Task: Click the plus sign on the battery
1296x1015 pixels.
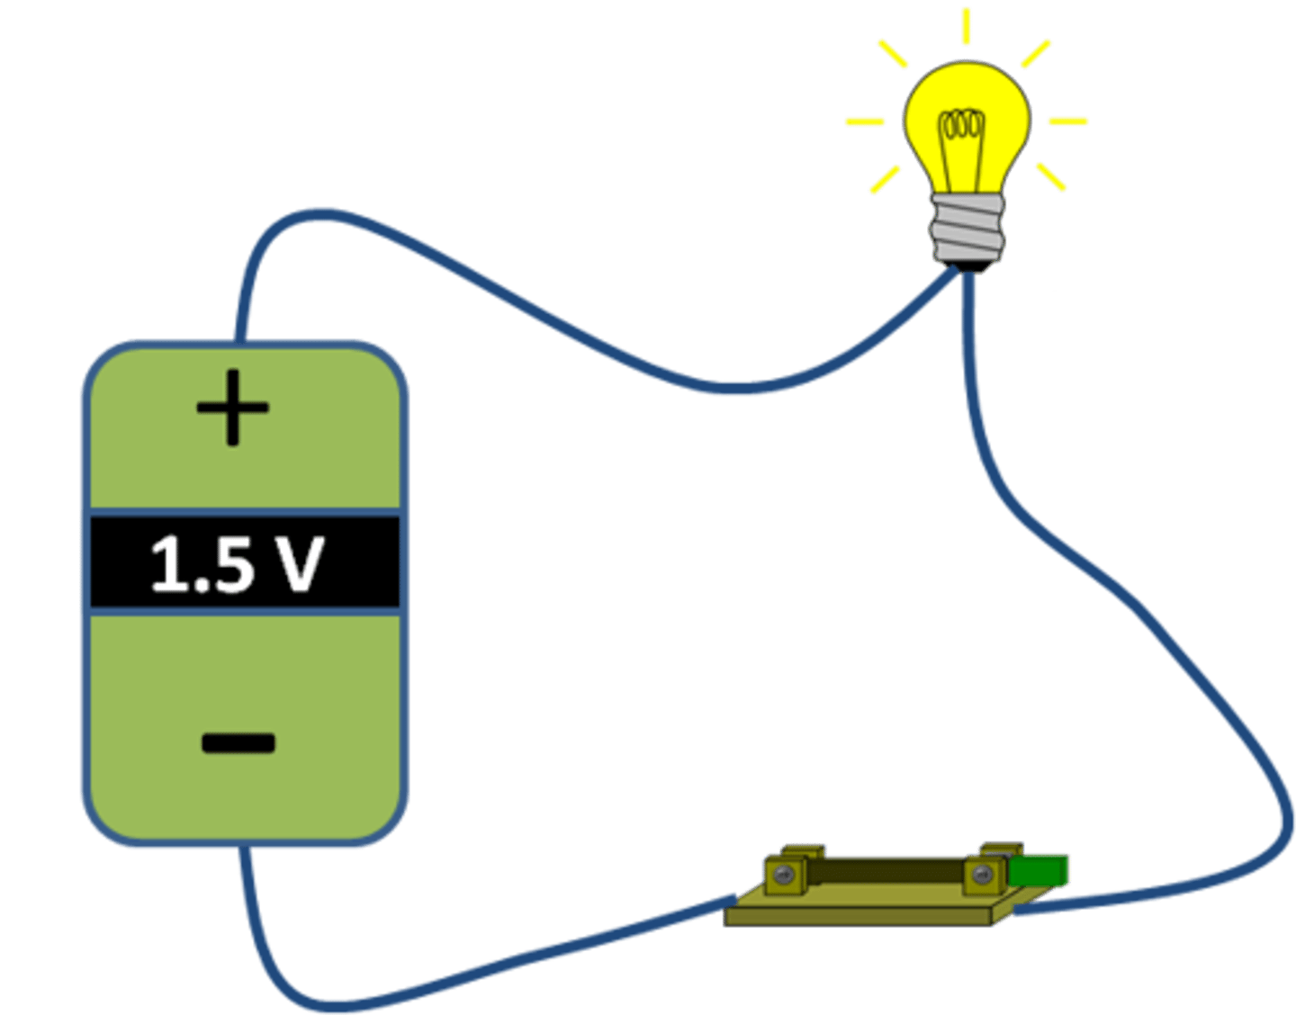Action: pyautogui.click(x=233, y=408)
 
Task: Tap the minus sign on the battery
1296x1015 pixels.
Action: pyautogui.click(x=238, y=743)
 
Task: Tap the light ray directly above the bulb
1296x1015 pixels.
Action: pyautogui.click(x=966, y=26)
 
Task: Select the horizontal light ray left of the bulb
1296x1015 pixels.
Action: pyautogui.click(x=865, y=121)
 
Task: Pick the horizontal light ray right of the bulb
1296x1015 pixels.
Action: pyautogui.click(x=1068, y=121)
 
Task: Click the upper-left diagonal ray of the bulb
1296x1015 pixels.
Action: pyautogui.click(x=894, y=54)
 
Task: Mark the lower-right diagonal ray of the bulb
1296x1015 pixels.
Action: pyautogui.click(x=1050, y=176)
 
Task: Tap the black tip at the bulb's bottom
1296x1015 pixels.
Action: pyautogui.click(x=968, y=266)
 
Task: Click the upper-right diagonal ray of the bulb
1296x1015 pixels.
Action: pyautogui.click(x=1036, y=54)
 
